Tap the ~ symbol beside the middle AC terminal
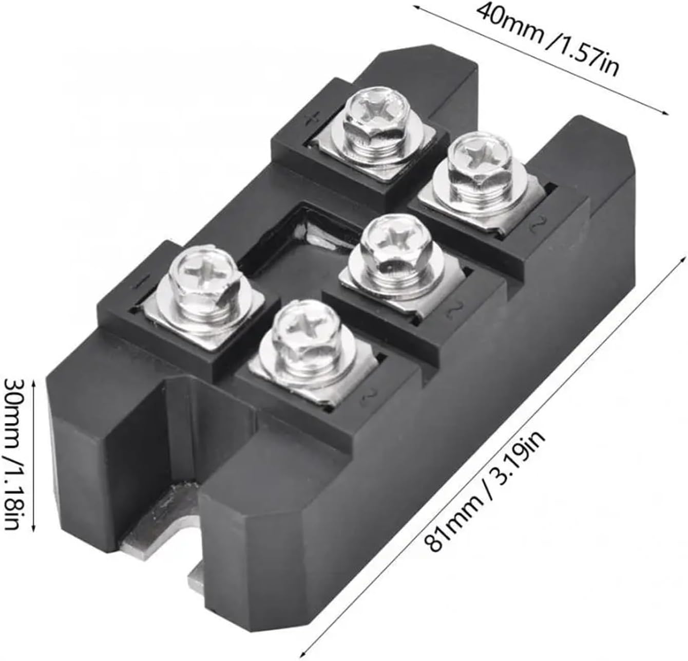click(453, 310)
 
